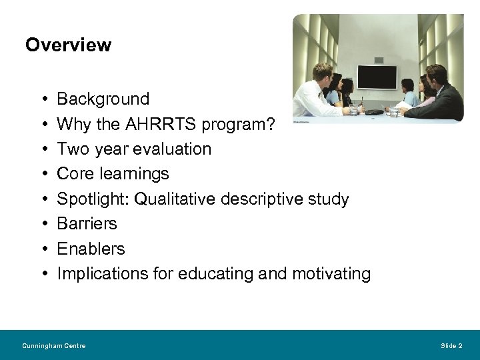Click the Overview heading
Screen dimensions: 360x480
tap(68, 45)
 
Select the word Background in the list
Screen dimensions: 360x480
tap(103, 99)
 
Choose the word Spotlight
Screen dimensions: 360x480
tap(93, 199)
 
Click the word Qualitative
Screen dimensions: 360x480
tap(172, 199)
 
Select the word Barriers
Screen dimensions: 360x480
tap(87, 223)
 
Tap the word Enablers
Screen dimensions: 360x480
tap(91, 249)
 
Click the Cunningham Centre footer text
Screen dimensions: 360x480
tap(53, 345)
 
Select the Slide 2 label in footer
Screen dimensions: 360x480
tap(451, 345)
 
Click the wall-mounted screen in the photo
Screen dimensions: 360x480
tap(377, 77)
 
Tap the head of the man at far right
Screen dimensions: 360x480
tap(437, 75)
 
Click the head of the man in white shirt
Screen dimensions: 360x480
tap(323, 71)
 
